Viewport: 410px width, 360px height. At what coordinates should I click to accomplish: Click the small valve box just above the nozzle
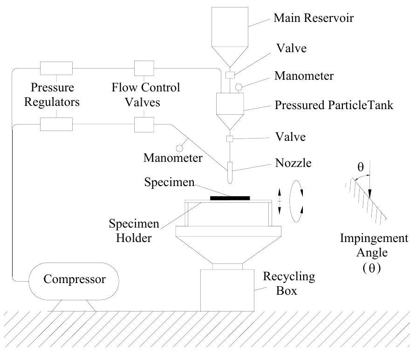click(x=230, y=138)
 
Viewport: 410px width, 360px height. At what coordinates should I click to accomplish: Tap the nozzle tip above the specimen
click(x=230, y=180)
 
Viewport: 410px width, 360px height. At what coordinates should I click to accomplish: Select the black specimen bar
click(x=230, y=198)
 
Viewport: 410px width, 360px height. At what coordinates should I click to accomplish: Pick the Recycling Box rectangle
click(x=227, y=290)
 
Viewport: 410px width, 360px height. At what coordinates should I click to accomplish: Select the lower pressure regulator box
click(x=56, y=124)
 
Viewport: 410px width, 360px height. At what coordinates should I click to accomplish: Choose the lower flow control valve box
click(x=144, y=124)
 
